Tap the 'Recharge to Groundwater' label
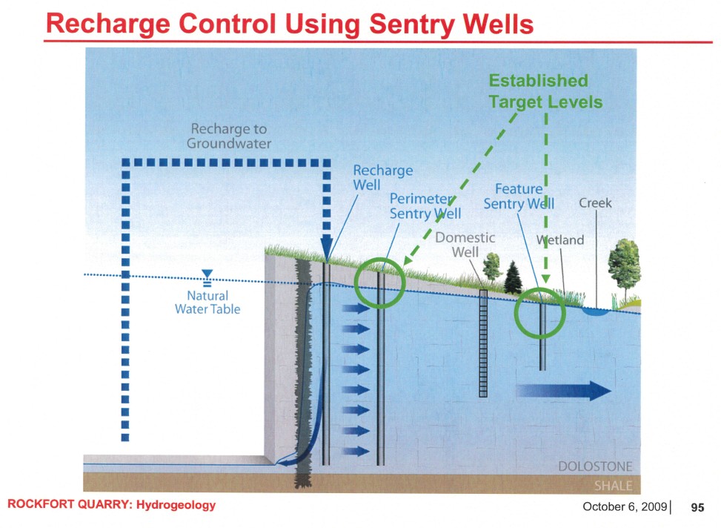[x=228, y=136]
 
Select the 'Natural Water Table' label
[x=207, y=303]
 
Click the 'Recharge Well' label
[x=382, y=177]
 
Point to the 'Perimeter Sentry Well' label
[x=425, y=206]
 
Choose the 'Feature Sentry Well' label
[x=519, y=197]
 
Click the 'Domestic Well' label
[x=465, y=245]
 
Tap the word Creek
[x=595, y=203]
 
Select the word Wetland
[x=560, y=240]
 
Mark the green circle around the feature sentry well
[x=542, y=311]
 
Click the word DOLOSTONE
[x=596, y=466]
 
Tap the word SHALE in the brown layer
[x=614, y=486]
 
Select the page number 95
[x=697, y=508]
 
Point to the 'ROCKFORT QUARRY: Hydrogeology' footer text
[x=111, y=505]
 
